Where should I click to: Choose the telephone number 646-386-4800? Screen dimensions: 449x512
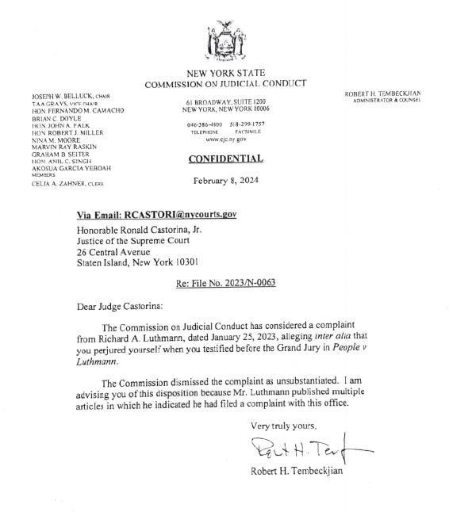pos(205,125)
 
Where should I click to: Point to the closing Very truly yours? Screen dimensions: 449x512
pos(277,426)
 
